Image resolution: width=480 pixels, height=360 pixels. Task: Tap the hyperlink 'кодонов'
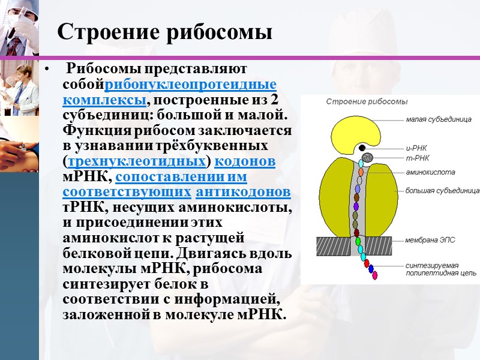click(245, 161)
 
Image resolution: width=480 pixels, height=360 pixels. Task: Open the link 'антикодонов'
click(244, 193)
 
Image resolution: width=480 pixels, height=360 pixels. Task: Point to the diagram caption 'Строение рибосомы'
click(367, 101)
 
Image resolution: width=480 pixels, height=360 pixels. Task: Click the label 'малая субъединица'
click(439, 119)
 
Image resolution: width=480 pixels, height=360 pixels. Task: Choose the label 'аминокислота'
click(430, 172)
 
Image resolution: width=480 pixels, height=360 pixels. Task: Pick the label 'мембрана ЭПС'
click(430, 239)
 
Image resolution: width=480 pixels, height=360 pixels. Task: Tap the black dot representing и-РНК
click(362, 148)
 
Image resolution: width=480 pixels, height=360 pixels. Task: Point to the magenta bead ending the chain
click(374, 275)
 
